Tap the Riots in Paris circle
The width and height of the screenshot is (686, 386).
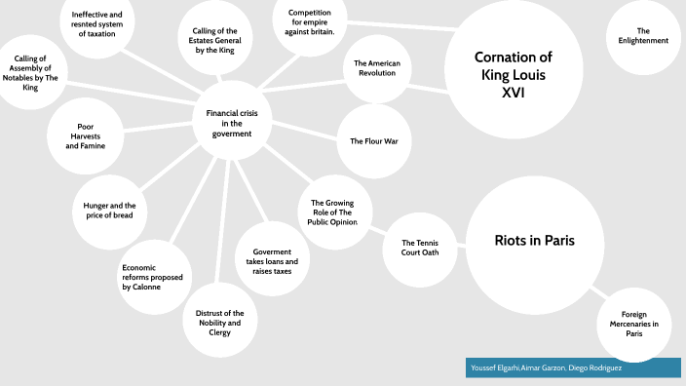point(534,241)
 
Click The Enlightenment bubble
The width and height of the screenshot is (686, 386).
point(644,36)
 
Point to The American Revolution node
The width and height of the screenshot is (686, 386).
point(377,68)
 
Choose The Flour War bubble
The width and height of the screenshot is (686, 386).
point(374,140)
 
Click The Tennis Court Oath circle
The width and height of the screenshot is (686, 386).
point(414,248)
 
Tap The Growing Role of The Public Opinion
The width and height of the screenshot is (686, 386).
point(334,212)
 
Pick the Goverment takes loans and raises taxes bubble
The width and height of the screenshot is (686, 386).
point(270,261)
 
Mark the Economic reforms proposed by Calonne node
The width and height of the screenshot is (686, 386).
point(154,277)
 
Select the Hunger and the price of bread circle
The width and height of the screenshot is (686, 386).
point(110,210)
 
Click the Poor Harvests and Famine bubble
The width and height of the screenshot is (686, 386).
point(85,135)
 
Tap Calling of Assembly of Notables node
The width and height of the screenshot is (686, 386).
point(32,73)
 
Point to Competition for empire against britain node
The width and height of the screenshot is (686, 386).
point(310,20)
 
